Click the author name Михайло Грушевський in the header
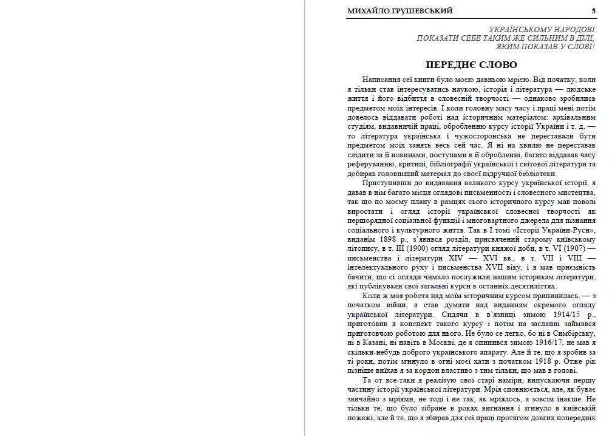pos(399,11)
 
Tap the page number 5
pos(593,11)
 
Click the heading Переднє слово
pos(471,65)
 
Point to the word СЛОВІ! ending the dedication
pos(580,46)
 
